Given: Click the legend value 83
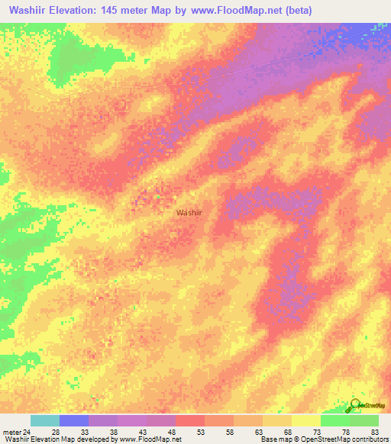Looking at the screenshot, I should point(375,431).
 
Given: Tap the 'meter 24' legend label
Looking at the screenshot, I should point(17,431).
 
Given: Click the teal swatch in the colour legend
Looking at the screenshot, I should point(45,420).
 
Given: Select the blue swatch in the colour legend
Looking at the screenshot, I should point(74,420).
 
